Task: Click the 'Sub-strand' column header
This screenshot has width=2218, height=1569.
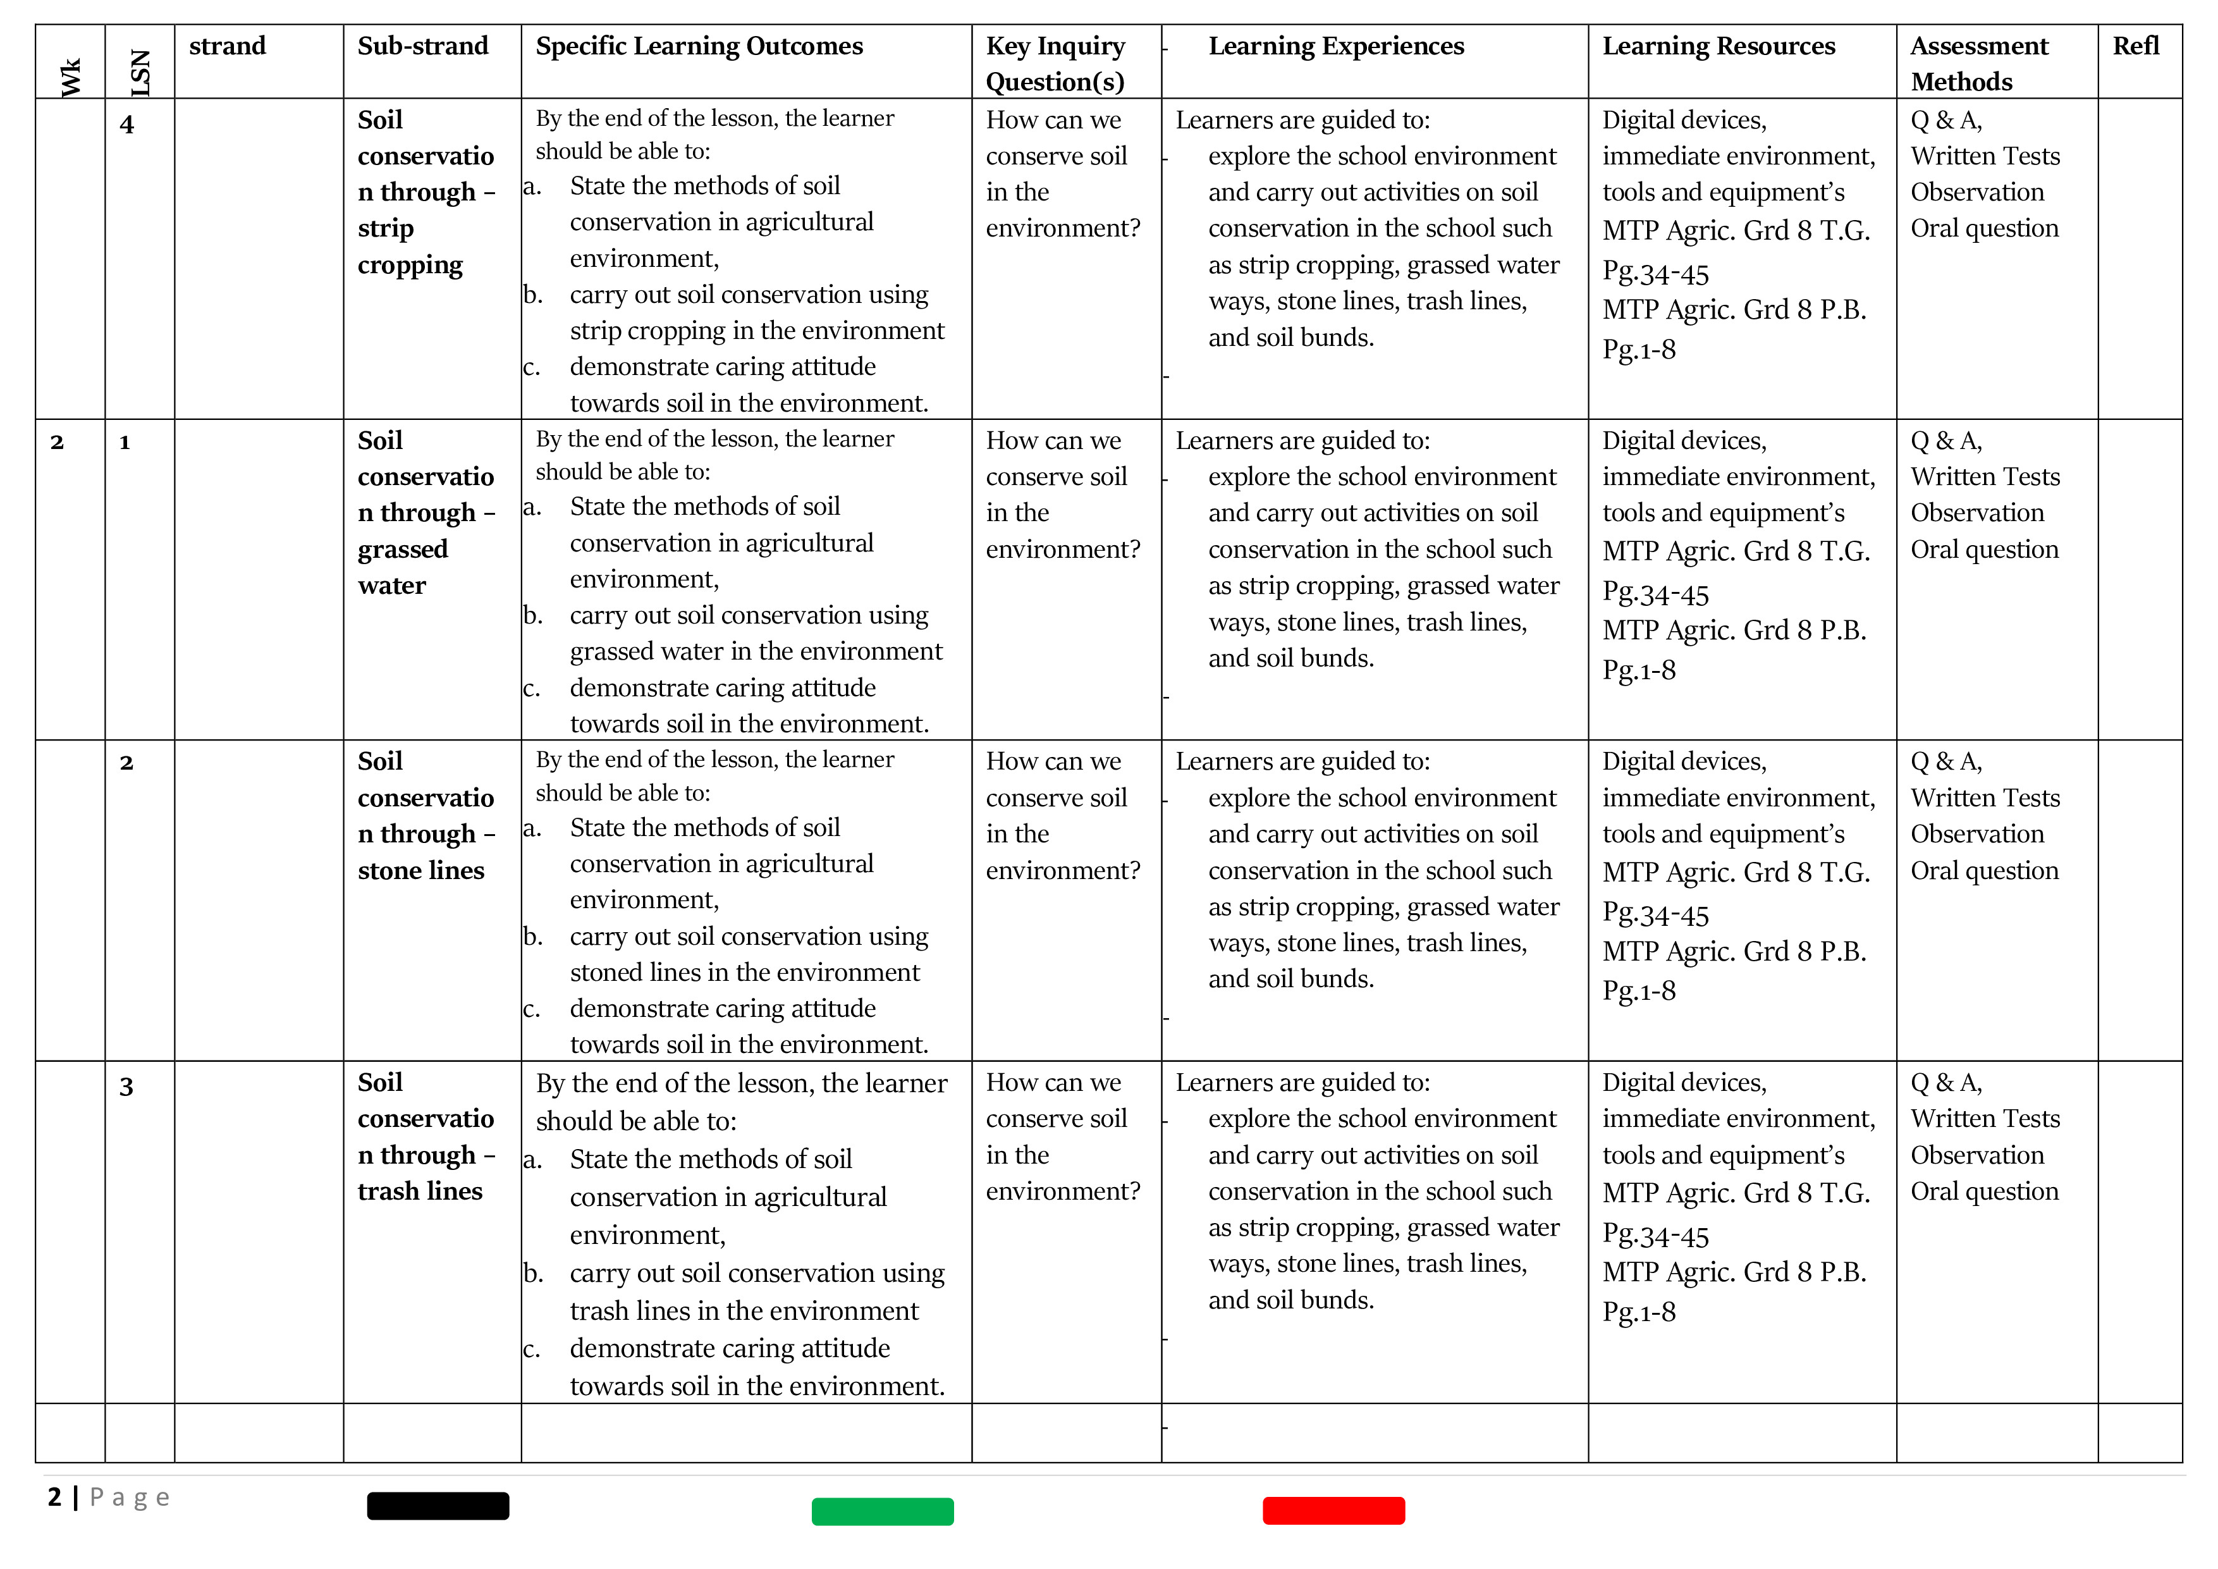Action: (x=422, y=46)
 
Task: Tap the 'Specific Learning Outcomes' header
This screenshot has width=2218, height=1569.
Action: (x=699, y=46)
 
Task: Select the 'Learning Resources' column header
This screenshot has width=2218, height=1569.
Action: (x=1718, y=46)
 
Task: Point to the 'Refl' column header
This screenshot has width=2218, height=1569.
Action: (x=2135, y=46)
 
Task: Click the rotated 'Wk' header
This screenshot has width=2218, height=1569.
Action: (x=71, y=77)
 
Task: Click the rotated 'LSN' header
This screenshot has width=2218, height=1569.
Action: (x=141, y=73)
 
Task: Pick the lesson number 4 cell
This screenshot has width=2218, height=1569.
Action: (x=126, y=125)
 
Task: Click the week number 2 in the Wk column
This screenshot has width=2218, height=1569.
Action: (x=57, y=443)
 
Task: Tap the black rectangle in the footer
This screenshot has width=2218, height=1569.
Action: (x=438, y=1505)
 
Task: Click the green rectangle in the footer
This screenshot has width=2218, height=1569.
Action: (x=882, y=1511)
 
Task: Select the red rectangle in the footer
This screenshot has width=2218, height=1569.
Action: (x=1333, y=1510)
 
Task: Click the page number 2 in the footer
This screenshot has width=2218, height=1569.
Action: (x=54, y=1496)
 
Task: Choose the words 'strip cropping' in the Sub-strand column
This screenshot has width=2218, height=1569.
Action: (x=410, y=247)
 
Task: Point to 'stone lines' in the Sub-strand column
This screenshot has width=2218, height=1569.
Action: (x=420, y=870)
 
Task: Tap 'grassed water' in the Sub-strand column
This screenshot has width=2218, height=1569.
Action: (x=402, y=567)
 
